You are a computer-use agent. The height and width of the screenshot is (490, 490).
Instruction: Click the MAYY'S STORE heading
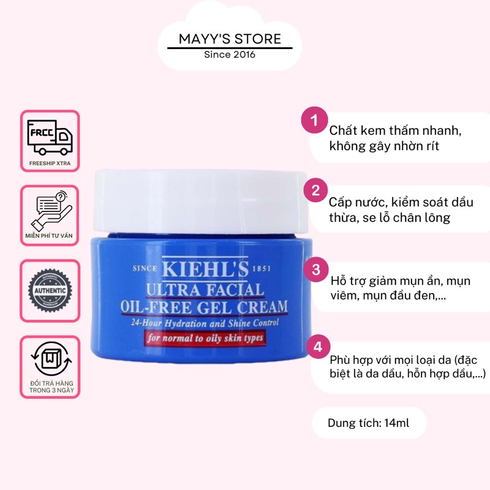pyautogui.click(x=230, y=39)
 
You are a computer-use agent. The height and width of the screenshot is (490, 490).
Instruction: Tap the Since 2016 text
pyautogui.click(x=230, y=55)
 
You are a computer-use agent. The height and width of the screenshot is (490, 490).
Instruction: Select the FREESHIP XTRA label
pyautogui.click(x=50, y=164)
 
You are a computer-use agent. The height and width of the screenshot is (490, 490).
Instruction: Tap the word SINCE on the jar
pyautogui.click(x=145, y=269)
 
